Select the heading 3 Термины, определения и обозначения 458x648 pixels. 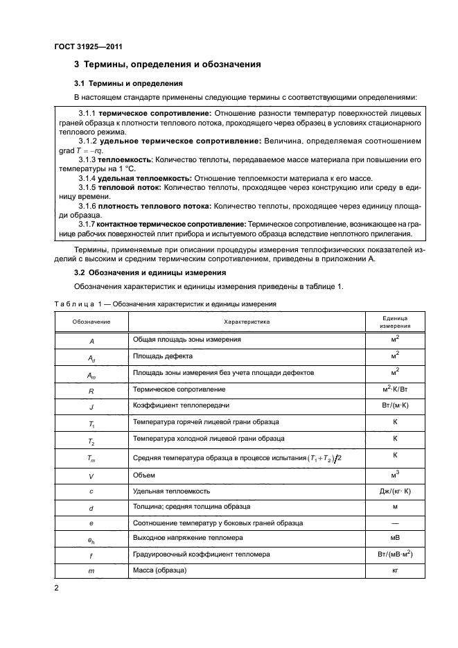coord(167,64)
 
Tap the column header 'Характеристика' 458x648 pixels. coord(246,322)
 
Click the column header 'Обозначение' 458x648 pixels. coord(91,322)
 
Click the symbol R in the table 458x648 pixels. coord(91,390)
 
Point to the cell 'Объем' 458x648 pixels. coord(143,475)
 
